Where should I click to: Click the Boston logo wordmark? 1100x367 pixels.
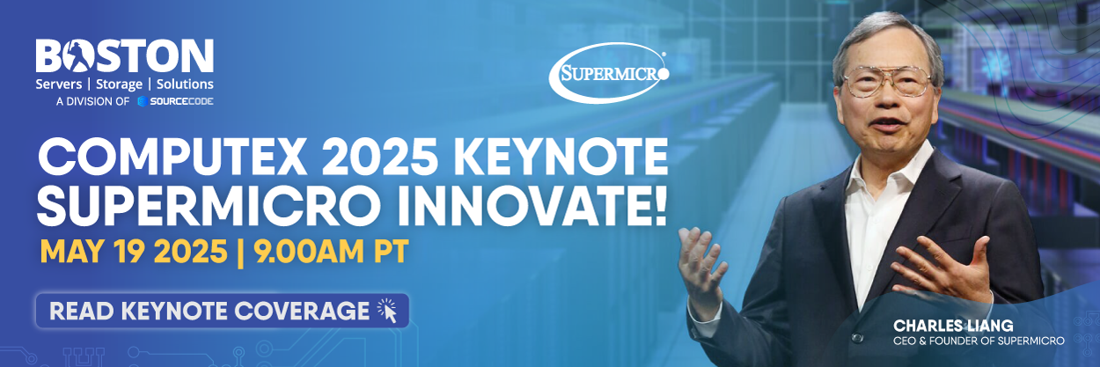click(x=124, y=56)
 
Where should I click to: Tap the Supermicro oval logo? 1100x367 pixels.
click(x=609, y=73)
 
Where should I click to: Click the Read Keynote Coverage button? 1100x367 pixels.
click(x=223, y=311)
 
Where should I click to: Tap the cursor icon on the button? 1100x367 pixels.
click(x=387, y=310)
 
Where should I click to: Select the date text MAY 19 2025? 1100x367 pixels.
click(x=134, y=252)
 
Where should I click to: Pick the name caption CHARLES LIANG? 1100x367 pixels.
click(x=953, y=326)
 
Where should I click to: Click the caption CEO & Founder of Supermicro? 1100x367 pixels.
click(x=979, y=341)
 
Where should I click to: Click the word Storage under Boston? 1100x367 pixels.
click(x=119, y=84)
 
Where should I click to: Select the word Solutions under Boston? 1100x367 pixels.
click(x=185, y=84)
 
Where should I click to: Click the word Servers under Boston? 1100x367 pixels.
click(x=58, y=84)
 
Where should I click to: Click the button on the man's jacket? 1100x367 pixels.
click(x=857, y=338)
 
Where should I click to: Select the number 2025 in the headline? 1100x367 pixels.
click(x=382, y=158)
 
